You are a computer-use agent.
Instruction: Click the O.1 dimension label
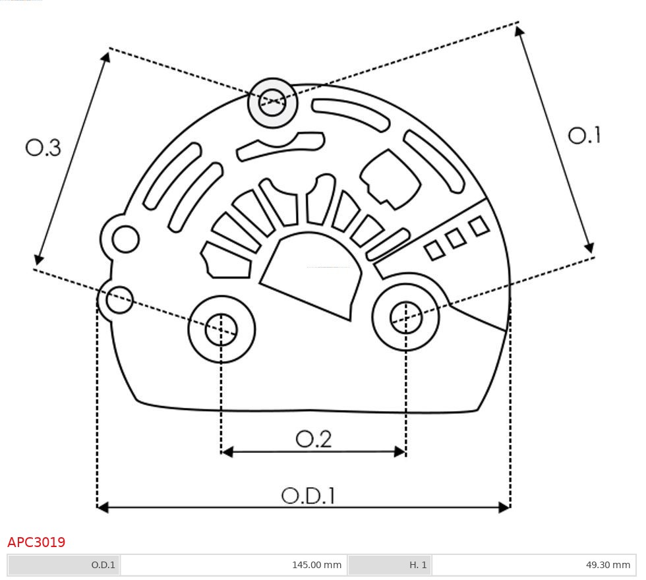[x=584, y=135]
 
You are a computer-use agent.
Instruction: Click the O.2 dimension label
[x=313, y=439]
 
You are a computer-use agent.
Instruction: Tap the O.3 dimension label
[x=44, y=147]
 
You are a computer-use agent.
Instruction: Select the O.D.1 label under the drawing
[x=308, y=496]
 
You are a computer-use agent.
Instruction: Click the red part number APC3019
[x=36, y=542]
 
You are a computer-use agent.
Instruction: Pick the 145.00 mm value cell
[x=316, y=565]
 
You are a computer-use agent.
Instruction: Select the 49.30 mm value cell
[x=607, y=565]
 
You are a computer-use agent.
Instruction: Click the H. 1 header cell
[x=418, y=565]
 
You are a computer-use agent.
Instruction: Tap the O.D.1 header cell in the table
[x=103, y=565]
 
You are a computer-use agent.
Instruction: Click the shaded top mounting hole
[x=272, y=103]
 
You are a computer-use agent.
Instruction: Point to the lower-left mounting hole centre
[x=221, y=329]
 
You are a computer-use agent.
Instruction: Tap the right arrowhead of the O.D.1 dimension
[x=505, y=507]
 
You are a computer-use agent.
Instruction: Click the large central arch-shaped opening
[x=313, y=274]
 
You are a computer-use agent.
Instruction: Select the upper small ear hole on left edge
[x=125, y=239]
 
